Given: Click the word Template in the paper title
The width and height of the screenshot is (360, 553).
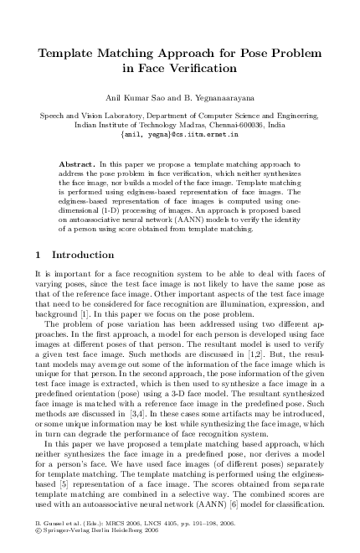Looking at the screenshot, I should pos(73,54).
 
